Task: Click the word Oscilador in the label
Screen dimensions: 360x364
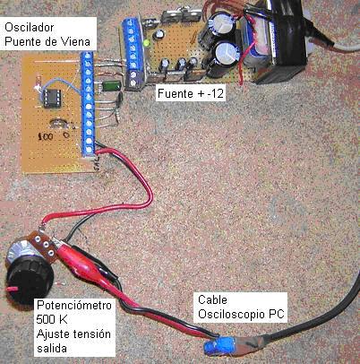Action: (x=30, y=28)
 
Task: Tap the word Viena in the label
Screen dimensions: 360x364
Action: (x=75, y=41)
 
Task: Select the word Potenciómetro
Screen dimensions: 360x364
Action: (x=74, y=305)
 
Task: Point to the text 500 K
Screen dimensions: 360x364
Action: (x=52, y=319)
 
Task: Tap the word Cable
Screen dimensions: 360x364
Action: (x=212, y=299)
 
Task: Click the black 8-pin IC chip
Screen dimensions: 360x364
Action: (x=52, y=98)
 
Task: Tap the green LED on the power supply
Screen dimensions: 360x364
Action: (x=147, y=43)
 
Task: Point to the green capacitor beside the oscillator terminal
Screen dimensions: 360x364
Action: (x=112, y=85)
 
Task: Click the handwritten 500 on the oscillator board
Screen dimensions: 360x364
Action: (x=46, y=137)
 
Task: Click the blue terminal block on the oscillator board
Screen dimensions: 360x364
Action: (x=89, y=104)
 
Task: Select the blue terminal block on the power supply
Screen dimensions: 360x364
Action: (x=132, y=53)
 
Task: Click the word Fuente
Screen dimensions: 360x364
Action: (x=176, y=93)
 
